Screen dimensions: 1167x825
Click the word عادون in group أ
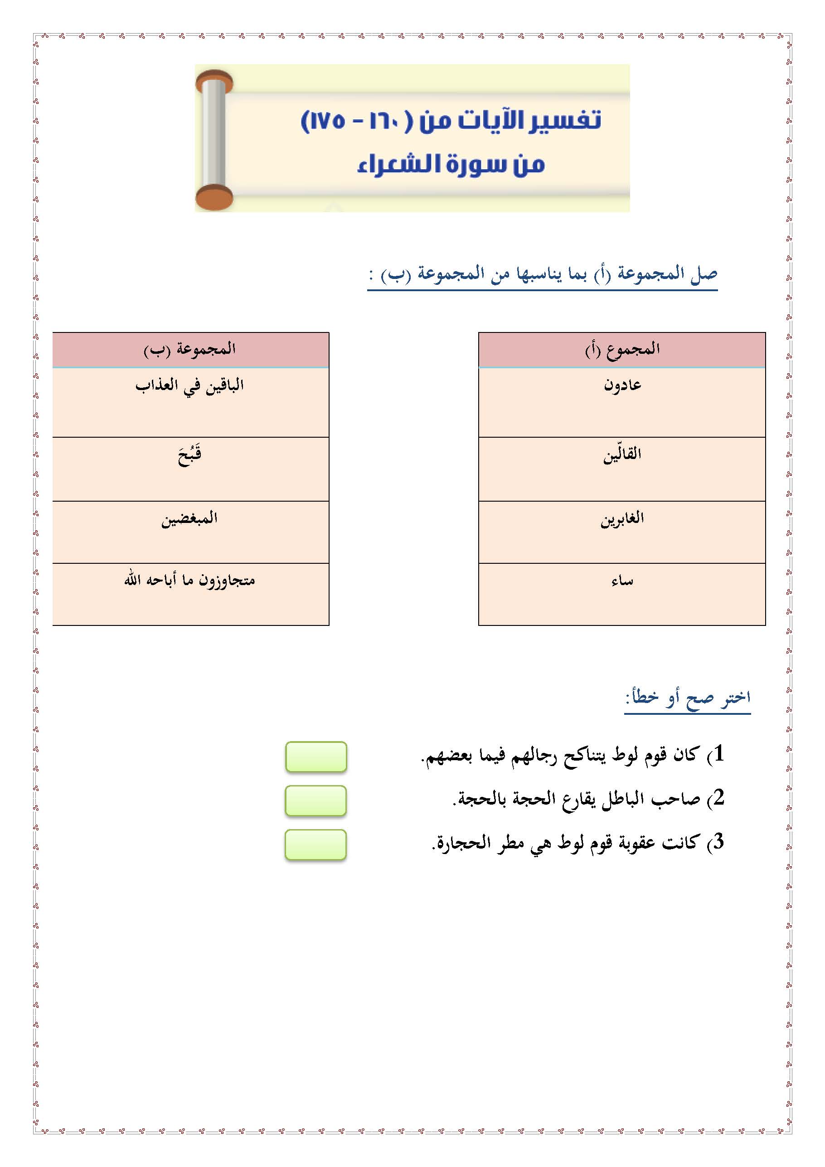(622, 385)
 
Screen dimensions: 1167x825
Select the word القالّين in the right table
(622, 454)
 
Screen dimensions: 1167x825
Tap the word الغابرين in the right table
(622, 518)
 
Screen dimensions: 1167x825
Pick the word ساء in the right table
(622, 581)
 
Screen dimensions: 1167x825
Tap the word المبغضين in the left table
(189, 519)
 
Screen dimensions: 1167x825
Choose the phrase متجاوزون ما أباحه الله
(189, 581)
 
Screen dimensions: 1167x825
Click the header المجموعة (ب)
(189, 349)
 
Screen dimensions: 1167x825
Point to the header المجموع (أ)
(622, 349)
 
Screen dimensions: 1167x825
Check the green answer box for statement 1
(316, 757)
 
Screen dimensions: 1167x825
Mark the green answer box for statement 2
(316, 801)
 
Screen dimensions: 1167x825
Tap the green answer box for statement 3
(316, 845)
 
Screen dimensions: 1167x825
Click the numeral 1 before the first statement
(718, 754)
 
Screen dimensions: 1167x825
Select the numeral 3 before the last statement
(718, 842)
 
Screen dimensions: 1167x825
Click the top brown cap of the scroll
(215, 81)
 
